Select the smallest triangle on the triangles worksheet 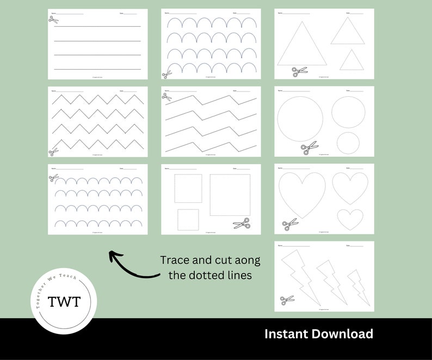352,61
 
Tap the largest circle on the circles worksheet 300,119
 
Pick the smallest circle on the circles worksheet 348,142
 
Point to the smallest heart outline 350,219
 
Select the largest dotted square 230,195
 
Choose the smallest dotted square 188,219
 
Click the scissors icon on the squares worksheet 241,224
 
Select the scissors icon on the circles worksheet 309,148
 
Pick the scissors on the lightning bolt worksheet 287,299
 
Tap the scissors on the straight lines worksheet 53,20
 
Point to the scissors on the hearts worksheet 290,224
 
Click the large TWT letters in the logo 64,302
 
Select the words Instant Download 318,334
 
